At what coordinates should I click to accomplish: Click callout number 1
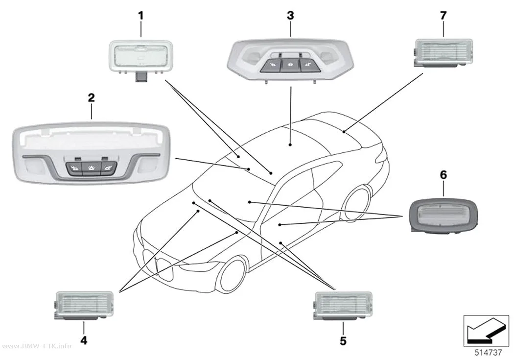(x=140, y=15)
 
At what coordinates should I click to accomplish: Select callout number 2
(x=91, y=97)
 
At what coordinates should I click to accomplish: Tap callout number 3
(x=290, y=15)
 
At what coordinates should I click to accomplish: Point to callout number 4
(x=84, y=340)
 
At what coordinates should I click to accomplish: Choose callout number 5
(x=343, y=341)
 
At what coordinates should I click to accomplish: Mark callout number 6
(x=443, y=175)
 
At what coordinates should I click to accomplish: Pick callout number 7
(x=443, y=15)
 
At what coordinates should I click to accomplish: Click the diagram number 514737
(x=489, y=353)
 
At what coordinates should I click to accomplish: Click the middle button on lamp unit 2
(x=92, y=168)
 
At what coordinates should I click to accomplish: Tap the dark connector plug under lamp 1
(x=141, y=77)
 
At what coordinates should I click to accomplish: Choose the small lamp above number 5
(x=343, y=305)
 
